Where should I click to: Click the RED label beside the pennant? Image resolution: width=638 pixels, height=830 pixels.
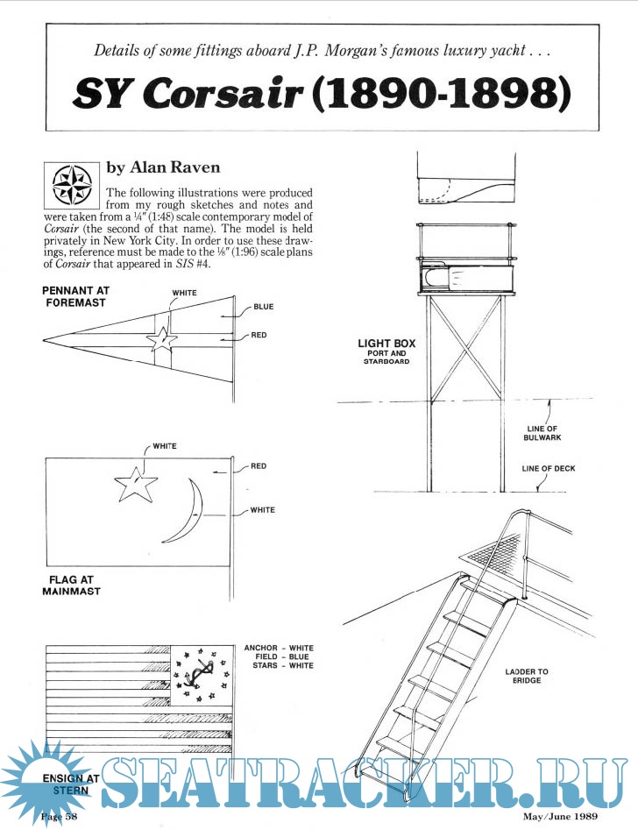(x=259, y=335)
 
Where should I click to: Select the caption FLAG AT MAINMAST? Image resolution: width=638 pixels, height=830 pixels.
(x=71, y=585)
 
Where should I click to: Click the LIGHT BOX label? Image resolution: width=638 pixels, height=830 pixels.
(x=386, y=344)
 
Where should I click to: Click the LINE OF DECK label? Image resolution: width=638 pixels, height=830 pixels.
(x=549, y=468)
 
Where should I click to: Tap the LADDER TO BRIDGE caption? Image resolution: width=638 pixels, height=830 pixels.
(x=526, y=677)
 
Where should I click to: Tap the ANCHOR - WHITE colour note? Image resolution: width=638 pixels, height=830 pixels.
(x=279, y=649)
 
